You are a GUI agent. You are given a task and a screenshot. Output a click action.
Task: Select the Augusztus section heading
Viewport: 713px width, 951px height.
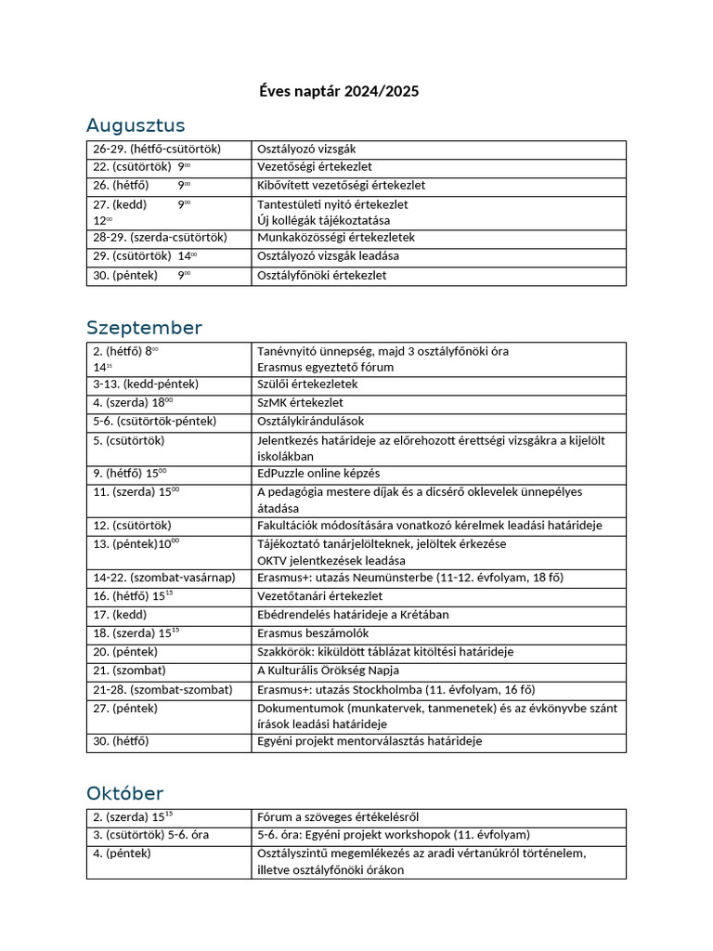point(136,125)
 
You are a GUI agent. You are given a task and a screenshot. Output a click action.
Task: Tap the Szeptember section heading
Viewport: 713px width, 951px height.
point(144,328)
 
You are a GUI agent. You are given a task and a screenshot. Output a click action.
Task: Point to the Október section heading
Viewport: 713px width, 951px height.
point(124,793)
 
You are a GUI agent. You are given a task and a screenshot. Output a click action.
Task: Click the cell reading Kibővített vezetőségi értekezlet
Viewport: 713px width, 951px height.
point(341,185)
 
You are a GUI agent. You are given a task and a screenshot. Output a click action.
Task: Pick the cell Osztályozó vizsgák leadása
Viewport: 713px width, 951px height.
point(328,256)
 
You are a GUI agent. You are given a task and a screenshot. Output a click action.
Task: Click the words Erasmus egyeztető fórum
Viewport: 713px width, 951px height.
point(325,367)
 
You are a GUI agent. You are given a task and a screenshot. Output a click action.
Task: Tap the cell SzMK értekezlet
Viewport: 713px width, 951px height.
point(300,402)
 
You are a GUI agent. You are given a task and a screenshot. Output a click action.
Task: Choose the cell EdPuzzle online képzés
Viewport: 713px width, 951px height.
point(318,473)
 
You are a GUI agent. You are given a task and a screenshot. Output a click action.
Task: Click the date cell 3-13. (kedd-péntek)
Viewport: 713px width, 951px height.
point(146,384)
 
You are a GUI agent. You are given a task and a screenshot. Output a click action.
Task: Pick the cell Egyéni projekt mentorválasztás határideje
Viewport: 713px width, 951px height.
point(369,741)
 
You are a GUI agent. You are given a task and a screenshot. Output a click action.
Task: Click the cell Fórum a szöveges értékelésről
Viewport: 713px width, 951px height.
point(338,817)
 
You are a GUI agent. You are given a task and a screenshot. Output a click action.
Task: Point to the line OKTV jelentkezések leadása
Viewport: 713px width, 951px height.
point(331,560)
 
